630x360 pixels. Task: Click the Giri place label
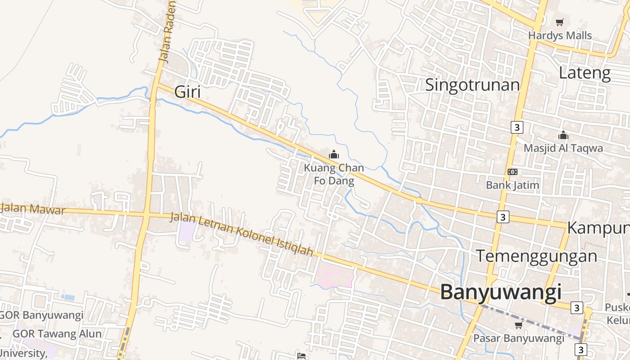(x=187, y=92)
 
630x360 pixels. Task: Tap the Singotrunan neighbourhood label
(x=472, y=85)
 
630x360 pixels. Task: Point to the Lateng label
(x=585, y=72)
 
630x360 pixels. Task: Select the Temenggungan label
(x=536, y=256)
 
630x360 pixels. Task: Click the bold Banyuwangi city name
(x=500, y=292)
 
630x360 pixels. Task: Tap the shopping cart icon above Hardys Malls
(x=559, y=22)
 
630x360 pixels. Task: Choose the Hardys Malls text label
(x=560, y=35)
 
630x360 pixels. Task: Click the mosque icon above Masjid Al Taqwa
(x=563, y=135)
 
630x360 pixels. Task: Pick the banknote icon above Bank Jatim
(x=512, y=172)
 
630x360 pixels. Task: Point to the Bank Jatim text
(x=512, y=184)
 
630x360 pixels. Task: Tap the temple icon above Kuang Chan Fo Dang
(x=333, y=155)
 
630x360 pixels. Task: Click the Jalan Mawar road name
(x=33, y=209)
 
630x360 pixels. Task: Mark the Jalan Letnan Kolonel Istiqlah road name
(x=241, y=234)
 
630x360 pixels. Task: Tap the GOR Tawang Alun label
(x=57, y=334)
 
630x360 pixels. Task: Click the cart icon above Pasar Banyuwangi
(x=518, y=325)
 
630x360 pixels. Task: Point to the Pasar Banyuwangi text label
(x=518, y=338)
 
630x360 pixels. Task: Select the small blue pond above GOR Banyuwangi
(x=67, y=297)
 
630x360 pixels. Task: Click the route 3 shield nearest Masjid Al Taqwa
(x=517, y=127)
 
